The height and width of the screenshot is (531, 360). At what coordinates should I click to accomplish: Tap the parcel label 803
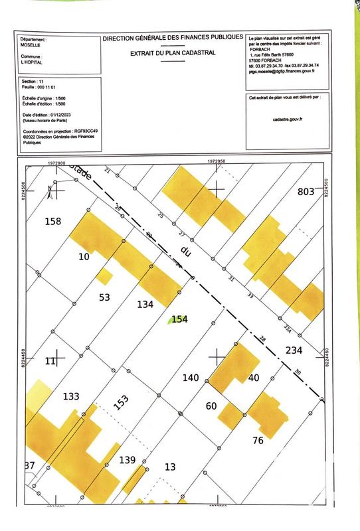click(306, 192)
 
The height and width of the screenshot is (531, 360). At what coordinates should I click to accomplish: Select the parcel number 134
click(145, 304)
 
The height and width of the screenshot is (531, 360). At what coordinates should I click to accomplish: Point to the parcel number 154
click(180, 319)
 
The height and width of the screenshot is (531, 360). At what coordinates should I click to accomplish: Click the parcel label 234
click(294, 350)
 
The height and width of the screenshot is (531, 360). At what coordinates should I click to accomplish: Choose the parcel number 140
click(191, 378)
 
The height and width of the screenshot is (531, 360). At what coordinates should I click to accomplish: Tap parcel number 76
click(258, 439)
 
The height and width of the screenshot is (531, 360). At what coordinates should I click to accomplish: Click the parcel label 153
click(120, 402)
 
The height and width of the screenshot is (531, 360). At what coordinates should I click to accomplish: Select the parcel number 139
click(128, 460)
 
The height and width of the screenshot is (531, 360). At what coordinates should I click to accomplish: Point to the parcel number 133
click(71, 396)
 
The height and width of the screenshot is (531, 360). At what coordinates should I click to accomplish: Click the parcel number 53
click(104, 297)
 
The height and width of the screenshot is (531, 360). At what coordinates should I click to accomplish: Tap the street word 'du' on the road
click(186, 251)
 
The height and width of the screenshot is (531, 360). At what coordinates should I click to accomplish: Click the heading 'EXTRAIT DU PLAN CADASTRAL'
click(173, 52)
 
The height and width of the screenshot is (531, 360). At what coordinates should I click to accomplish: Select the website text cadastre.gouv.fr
click(287, 119)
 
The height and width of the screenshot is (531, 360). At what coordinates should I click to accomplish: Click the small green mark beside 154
click(169, 319)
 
